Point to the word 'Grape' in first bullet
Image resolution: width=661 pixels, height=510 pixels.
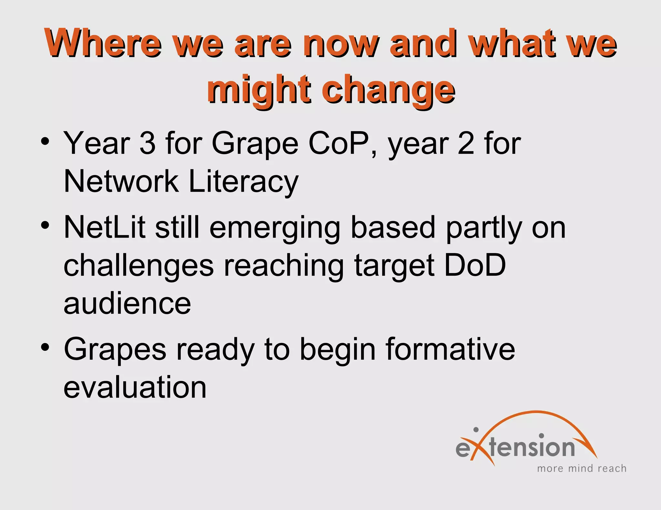coord(255,144)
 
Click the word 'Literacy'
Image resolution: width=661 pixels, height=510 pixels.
coord(244,182)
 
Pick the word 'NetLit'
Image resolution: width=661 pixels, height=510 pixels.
coord(105,228)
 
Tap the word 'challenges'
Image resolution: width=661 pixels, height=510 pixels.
coord(139,266)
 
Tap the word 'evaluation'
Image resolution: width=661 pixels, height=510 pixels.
coord(135,387)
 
